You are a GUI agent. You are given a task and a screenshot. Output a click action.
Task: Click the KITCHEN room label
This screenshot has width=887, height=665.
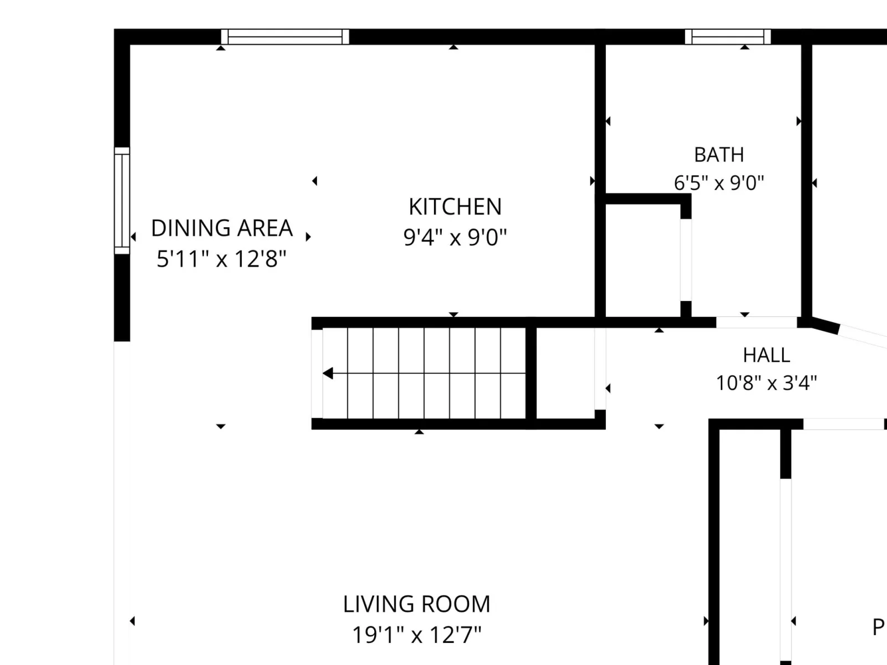point(455,207)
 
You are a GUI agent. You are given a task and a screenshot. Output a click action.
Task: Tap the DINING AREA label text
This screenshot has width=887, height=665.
point(222,228)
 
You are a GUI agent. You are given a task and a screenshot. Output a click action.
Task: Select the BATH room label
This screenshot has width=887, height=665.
point(719,155)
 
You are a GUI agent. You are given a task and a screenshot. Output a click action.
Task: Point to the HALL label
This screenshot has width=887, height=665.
point(766,355)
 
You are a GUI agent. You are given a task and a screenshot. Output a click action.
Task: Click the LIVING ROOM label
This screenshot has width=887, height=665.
point(417,604)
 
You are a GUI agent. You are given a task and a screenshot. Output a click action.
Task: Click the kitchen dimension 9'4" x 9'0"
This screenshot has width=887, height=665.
point(455,237)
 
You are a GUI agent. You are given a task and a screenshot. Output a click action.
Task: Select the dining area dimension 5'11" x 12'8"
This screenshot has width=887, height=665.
point(221,258)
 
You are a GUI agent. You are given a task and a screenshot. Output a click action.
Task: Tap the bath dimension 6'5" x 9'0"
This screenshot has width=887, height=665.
point(719,182)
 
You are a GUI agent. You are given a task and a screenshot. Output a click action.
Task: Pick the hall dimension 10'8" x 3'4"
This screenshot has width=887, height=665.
point(766,383)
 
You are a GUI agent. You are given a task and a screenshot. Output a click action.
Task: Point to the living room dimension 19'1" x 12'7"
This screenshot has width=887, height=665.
point(417,635)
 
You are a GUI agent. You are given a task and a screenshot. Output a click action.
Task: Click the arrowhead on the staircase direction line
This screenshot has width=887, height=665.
point(328,374)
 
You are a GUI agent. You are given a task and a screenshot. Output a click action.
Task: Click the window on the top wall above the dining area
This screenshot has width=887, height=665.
point(285,37)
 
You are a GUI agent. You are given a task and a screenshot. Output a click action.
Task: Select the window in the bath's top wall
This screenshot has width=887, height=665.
point(728,37)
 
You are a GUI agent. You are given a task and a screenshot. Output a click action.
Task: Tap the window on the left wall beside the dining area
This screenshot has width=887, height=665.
point(121,201)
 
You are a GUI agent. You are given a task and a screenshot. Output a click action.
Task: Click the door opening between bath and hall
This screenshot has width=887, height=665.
point(757,322)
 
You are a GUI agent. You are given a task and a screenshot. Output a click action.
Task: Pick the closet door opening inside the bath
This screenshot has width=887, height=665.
point(686,260)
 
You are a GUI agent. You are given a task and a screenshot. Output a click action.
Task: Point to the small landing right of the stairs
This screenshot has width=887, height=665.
point(566,373)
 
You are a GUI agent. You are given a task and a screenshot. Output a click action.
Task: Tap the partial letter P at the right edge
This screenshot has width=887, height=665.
point(879,627)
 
